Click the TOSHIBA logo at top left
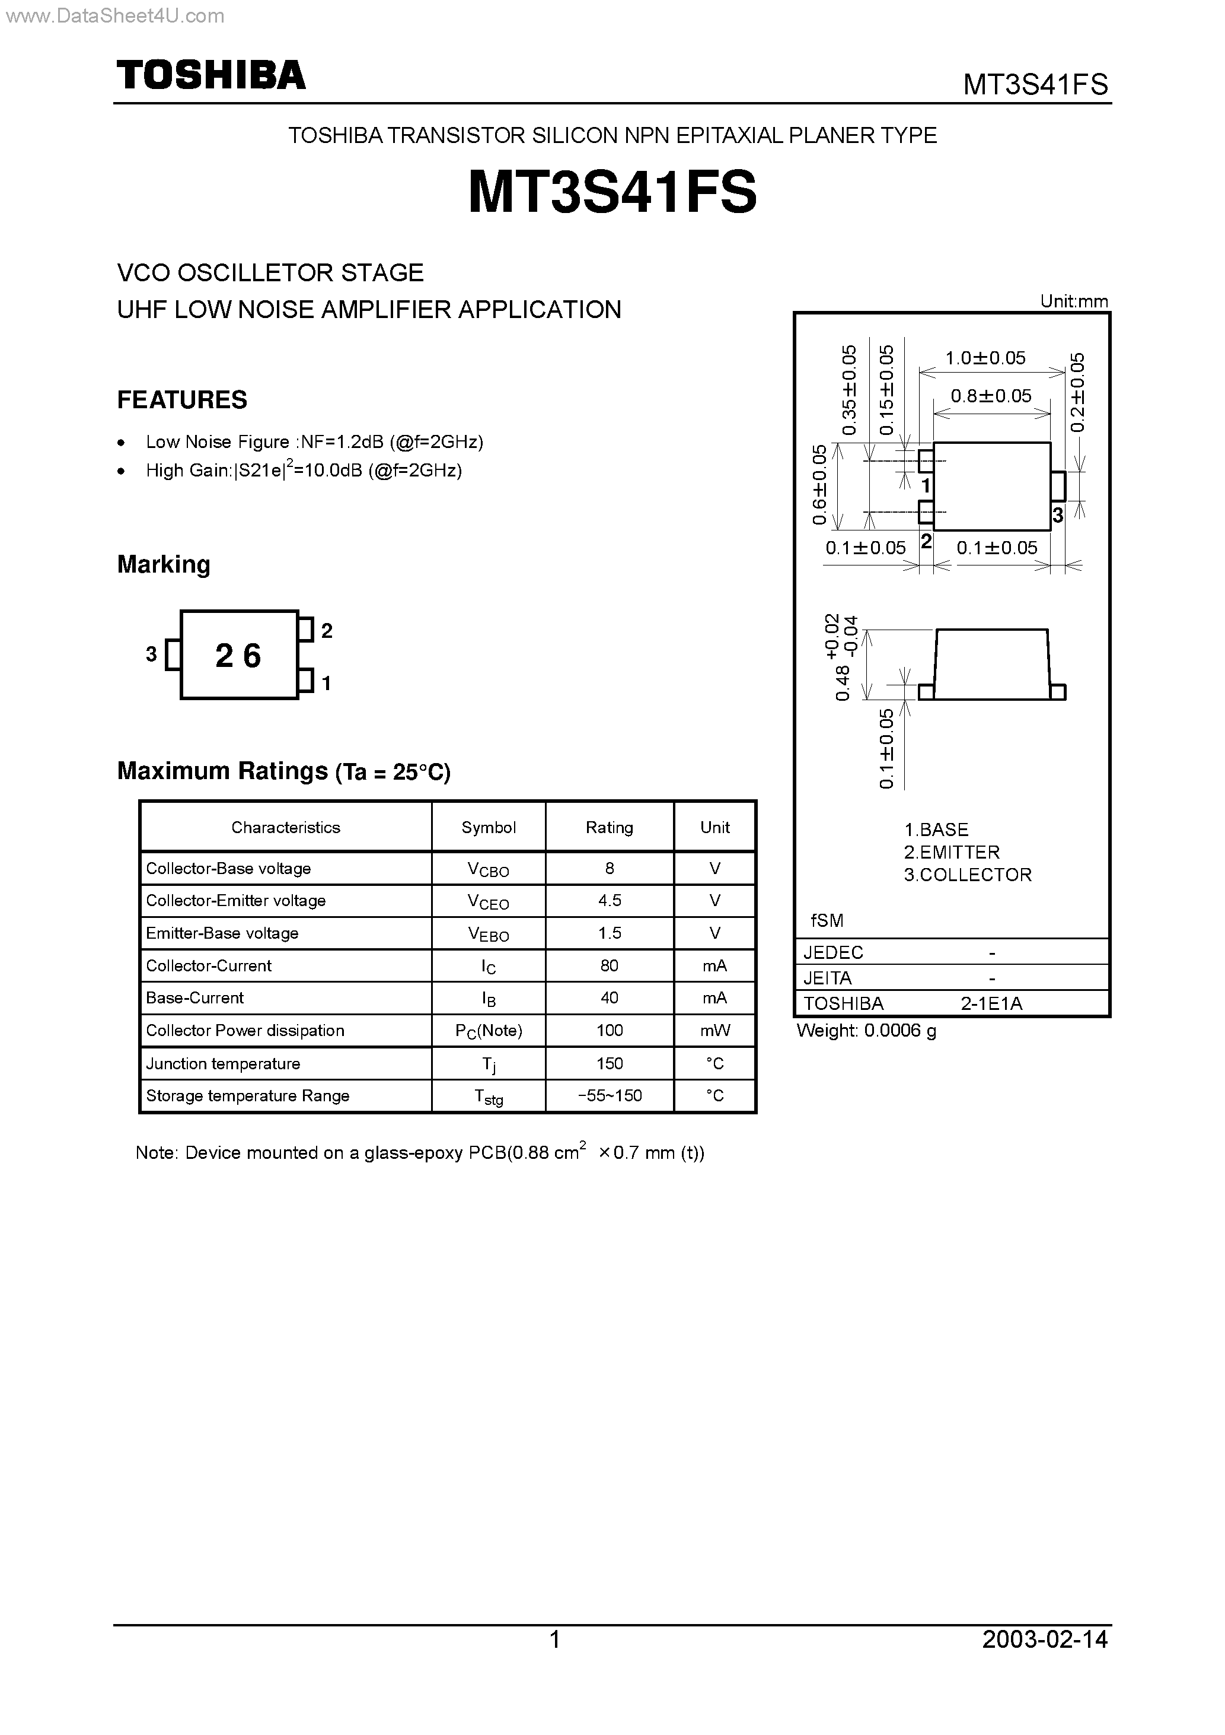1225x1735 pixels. click(x=210, y=75)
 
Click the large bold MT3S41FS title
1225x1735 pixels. click(x=612, y=192)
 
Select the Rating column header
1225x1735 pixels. click(x=609, y=828)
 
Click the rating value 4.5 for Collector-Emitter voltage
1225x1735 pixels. click(x=609, y=901)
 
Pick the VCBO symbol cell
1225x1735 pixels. click(x=488, y=869)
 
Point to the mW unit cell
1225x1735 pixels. click(x=714, y=1030)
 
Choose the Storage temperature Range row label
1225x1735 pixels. click(x=247, y=1096)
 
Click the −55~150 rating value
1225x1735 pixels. click(x=609, y=1096)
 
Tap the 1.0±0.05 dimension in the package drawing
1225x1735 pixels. click(x=985, y=358)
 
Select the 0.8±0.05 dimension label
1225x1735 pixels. click(x=990, y=396)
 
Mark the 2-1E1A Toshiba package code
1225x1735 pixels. click(x=991, y=1003)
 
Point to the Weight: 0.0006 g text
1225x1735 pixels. click(x=866, y=1030)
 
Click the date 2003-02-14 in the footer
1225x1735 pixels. click(x=1045, y=1638)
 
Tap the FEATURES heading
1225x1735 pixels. click(x=182, y=400)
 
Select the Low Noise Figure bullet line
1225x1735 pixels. click(x=314, y=442)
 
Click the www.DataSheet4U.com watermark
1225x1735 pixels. click(x=114, y=16)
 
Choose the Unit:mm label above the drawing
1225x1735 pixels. click(x=1073, y=301)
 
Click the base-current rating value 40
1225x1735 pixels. click(x=609, y=997)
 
